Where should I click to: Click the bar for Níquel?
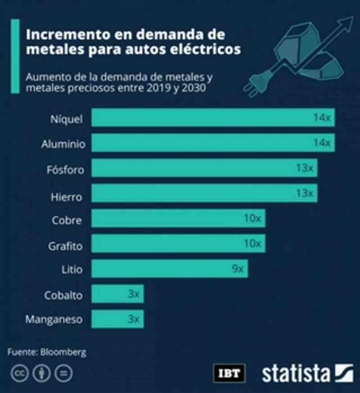(213, 117)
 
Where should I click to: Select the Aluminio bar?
(213, 143)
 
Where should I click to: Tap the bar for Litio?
(170, 269)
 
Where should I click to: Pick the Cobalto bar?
(117, 294)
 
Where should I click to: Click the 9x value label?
(237, 269)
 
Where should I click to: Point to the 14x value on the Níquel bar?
(322, 118)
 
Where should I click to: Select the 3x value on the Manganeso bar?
(134, 320)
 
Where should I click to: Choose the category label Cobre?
(67, 221)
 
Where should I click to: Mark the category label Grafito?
(66, 246)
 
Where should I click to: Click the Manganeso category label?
(54, 320)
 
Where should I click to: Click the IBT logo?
(229, 373)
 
